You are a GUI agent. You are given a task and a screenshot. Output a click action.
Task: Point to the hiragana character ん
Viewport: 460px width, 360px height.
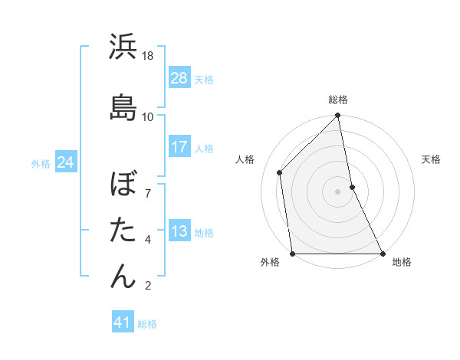123,276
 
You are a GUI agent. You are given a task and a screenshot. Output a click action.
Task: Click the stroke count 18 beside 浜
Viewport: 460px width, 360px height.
149,56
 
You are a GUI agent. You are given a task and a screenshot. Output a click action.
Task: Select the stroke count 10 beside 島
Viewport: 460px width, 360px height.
149,116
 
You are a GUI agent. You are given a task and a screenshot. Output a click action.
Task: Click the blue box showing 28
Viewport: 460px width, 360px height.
179,77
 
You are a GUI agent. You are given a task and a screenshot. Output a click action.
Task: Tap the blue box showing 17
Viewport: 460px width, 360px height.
179,147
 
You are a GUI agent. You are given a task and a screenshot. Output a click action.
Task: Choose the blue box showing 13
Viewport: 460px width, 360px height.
179,231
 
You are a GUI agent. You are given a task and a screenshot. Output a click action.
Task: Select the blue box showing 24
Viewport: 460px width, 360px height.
66,162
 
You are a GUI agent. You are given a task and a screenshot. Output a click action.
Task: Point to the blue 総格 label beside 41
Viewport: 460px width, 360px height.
147,324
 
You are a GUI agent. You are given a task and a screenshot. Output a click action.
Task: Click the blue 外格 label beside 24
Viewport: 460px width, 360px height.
41,164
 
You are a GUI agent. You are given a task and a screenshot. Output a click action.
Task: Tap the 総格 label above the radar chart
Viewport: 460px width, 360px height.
338,100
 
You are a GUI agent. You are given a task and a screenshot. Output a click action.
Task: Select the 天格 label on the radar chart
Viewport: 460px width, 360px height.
432,159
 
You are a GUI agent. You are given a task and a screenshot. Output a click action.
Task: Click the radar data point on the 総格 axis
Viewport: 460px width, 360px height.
338,116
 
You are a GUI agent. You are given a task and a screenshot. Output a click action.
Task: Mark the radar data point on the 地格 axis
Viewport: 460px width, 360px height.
382,253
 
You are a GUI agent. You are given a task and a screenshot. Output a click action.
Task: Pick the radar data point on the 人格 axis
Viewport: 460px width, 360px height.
280,172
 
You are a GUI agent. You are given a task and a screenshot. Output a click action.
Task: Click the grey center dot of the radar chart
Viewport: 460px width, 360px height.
338,191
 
